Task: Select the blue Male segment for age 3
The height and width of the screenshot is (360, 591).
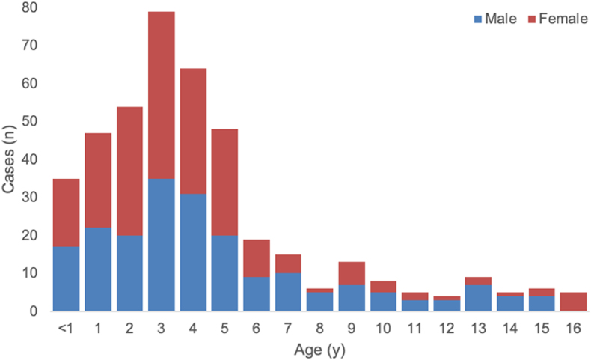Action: pyautogui.click(x=162, y=245)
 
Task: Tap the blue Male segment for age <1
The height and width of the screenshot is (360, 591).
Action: pyautogui.click(x=66, y=278)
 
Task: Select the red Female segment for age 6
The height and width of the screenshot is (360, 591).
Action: pyautogui.click(x=257, y=258)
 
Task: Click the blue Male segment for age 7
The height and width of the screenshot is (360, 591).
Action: pyautogui.click(x=289, y=292)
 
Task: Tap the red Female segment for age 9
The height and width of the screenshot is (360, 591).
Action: pyautogui.click(x=352, y=273)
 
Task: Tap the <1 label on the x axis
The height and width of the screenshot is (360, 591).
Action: pyautogui.click(x=66, y=327)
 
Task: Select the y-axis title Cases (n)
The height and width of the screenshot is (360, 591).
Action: pyautogui.click(x=9, y=159)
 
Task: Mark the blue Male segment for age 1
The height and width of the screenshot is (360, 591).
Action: pyautogui.click(x=98, y=269)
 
